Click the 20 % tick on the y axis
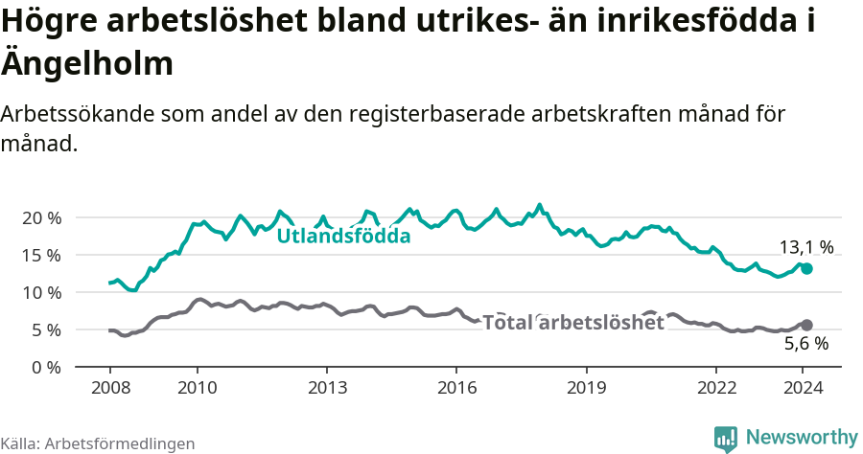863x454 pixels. (x=40, y=217)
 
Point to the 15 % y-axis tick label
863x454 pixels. (x=40, y=255)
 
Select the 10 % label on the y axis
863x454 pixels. (x=40, y=292)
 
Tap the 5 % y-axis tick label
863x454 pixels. (x=45, y=329)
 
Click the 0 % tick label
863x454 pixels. (x=45, y=367)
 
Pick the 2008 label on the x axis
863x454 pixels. (x=109, y=387)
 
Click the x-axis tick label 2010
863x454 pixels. (x=197, y=387)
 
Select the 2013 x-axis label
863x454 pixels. (x=326, y=387)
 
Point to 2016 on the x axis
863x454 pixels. (x=456, y=387)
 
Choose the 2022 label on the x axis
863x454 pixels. (x=716, y=387)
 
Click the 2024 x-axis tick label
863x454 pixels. (x=803, y=387)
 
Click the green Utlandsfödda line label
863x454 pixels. (x=343, y=236)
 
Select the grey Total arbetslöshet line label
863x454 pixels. (x=572, y=323)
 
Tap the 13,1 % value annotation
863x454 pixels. (x=806, y=247)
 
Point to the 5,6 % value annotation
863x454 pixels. (x=805, y=345)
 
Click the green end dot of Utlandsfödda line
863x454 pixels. (x=806, y=269)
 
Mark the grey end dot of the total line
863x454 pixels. (x=806, y=326)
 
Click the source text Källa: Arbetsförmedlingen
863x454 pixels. (x=98, y=443)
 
